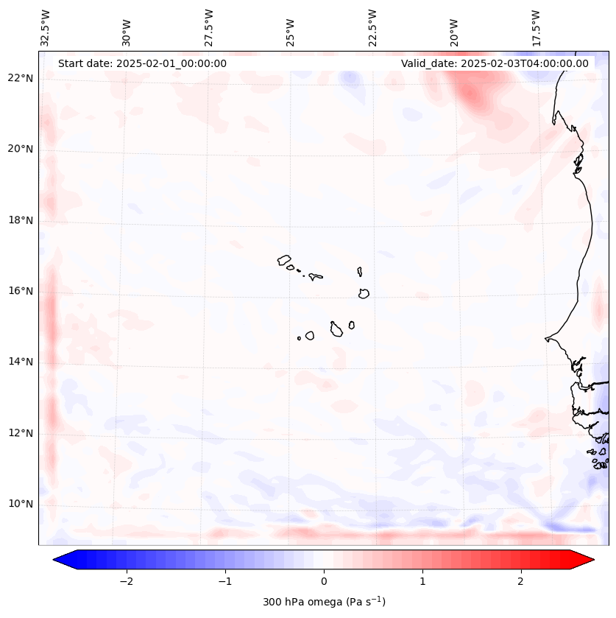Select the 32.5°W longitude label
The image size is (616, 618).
(46, 28)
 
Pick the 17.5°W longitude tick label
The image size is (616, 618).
(536, 28)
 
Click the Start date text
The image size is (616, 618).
(142, 63)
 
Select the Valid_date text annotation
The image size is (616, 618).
(495, 63)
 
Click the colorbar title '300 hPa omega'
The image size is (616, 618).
(324, 602)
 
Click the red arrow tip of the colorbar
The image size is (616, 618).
(587, 560)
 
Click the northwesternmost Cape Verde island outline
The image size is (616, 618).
(284, 260)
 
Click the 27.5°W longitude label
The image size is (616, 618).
(209, 28)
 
